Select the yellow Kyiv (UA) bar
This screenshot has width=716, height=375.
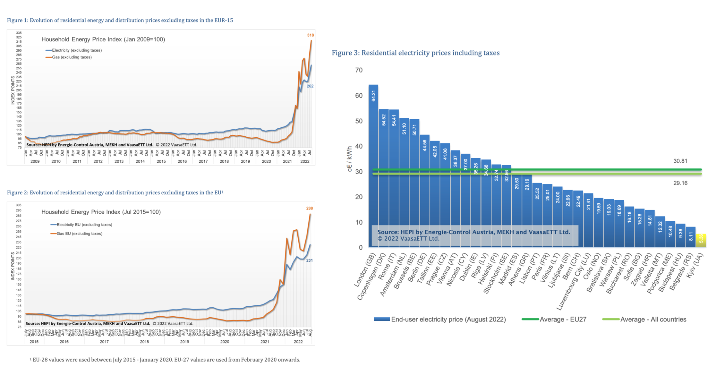tap(701, 240)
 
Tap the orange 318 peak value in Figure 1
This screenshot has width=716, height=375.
tap(310, 35)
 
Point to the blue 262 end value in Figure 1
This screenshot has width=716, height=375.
tap(310, 86)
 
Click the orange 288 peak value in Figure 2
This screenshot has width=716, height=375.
tap(309, 209)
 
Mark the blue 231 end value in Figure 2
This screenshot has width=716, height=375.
tap(309, 260)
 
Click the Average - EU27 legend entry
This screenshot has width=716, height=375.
tap(554, 320)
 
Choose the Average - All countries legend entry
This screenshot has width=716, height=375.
tap(644, 320)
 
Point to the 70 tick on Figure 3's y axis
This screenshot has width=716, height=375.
tap(359, 70)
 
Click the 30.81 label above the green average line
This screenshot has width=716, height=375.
tap(680, 161)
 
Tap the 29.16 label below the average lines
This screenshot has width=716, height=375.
tap(680, 183)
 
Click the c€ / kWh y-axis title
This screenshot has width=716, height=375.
tap(350, 159)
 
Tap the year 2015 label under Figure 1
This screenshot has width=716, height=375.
tap(161, 162)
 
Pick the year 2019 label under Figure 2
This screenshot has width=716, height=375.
tap(184, 342)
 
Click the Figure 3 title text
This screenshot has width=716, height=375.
tap(415, 53)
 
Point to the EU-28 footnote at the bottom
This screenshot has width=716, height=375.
tap(165, 360)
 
